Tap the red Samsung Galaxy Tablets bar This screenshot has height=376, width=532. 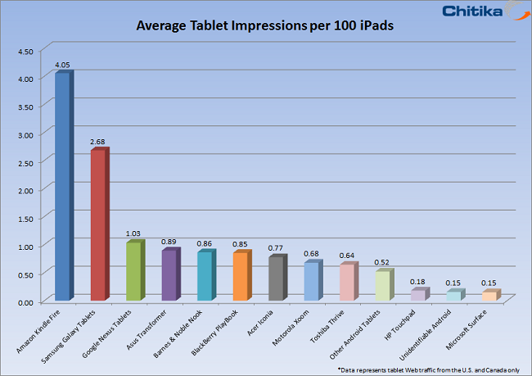coord(97,225)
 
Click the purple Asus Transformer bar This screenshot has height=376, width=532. coord(169,275)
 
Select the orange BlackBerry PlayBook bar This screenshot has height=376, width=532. coord(240,276)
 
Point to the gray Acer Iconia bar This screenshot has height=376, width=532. coord(276,279)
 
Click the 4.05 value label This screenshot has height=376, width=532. coord(62,64)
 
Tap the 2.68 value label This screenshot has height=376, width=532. coord(98,142)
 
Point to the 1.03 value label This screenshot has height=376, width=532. coord(133,233)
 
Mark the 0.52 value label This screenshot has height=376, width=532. coord(382,262)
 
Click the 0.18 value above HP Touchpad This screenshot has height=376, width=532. coord(418,281)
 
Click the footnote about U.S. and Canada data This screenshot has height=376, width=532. coord(440,369)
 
